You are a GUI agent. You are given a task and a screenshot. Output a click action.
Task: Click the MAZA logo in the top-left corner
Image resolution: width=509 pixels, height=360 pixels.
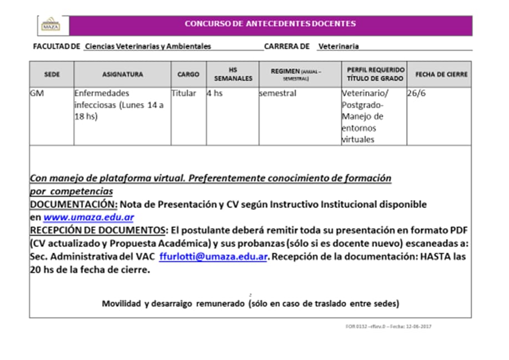click(51, 25)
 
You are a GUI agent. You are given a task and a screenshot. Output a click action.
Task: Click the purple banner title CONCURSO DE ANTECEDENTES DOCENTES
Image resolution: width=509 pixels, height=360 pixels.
click(270, 24)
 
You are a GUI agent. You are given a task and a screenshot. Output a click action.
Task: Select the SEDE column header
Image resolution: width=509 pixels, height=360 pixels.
click(52, 74)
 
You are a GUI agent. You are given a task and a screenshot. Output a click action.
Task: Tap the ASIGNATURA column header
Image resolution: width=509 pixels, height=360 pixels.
click(122, 74)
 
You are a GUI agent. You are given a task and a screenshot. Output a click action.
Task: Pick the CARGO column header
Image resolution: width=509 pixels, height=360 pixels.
click(188, 74)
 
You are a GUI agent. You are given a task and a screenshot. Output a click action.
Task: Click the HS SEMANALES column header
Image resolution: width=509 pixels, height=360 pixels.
click(233, 74)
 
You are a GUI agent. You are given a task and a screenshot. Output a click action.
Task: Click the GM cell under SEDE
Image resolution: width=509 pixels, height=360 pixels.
click(37, 94)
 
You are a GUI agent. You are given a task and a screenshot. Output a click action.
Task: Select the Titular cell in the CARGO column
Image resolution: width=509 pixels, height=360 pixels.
click(183, 94)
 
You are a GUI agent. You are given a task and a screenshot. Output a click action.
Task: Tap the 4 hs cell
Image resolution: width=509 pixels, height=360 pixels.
click(215, 94)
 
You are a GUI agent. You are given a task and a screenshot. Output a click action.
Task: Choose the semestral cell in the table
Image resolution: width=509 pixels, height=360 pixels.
click(278, 94)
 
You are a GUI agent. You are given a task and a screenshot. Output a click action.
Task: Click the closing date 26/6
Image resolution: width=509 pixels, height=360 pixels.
click(414, 94)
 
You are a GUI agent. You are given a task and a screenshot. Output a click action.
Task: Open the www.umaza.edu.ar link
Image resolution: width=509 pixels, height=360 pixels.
click(88, 217)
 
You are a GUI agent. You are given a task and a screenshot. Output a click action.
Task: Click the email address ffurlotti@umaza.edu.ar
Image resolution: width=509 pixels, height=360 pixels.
click(214, 257)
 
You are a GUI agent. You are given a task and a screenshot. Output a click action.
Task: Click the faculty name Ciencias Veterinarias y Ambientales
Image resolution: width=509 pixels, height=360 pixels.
click(148, 47)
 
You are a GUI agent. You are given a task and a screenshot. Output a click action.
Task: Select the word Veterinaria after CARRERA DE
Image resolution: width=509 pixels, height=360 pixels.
click(338, 47)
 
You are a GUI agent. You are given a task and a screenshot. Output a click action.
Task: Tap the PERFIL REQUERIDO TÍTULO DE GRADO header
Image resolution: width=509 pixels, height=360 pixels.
click(376, 74)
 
